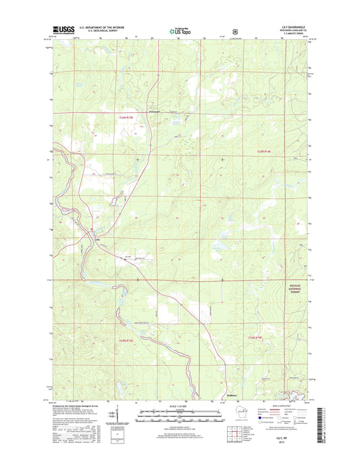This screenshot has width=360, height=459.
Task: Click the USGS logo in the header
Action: click(61, 30)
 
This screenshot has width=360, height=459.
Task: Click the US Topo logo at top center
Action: click(180, 30)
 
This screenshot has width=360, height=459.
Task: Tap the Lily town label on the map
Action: click(98, 238)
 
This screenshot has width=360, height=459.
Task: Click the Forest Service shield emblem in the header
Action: click(234, 30)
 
